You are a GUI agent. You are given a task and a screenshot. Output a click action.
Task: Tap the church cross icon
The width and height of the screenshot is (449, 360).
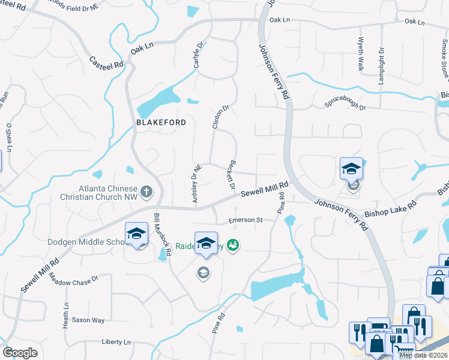point(146,193)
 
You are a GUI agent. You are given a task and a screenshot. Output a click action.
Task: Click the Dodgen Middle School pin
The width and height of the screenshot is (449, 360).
point(137,234)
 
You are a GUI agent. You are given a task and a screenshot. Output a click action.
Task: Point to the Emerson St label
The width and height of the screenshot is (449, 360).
point(246,220)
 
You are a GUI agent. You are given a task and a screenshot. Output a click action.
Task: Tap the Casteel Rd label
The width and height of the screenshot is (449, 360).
point(106,62)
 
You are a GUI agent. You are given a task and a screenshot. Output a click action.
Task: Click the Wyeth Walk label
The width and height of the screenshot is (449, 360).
point(361,55)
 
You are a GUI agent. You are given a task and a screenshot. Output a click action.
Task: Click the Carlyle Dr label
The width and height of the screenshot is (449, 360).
point(200,54)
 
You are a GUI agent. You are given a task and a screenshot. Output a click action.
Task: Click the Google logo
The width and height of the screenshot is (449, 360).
point(20,353)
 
